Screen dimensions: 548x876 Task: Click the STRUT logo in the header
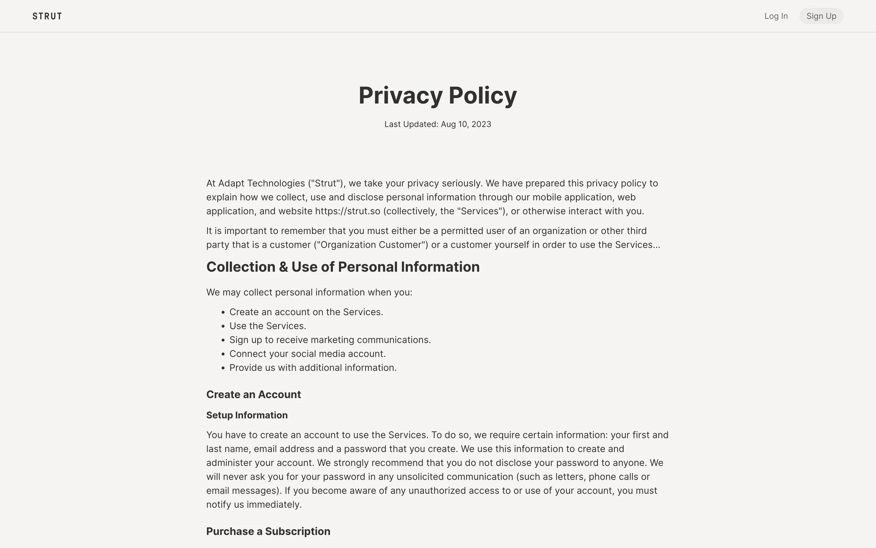point(47,16)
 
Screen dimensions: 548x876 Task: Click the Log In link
point(776,16)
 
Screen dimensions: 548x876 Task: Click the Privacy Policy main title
point(438,95)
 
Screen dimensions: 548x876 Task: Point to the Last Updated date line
point(438,124)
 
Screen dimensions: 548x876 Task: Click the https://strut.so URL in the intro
point(347,211)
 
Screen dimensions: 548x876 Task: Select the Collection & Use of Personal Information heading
point(343,267)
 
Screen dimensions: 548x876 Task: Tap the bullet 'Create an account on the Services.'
point(306,312)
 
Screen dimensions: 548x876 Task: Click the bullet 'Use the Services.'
point(267,326)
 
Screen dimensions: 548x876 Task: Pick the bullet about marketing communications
point(330,340)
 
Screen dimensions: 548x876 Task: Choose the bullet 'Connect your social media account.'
point(307,354)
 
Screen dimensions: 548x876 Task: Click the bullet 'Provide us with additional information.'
point(313,368)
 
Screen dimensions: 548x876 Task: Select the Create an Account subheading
point(253,395)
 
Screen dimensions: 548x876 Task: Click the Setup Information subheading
point(247,415)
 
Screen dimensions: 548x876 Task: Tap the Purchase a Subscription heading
point(268,532)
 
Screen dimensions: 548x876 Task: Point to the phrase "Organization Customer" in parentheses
point(371,245)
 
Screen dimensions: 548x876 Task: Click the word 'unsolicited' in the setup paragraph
point(420,477)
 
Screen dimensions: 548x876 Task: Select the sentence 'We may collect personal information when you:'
point(309,292)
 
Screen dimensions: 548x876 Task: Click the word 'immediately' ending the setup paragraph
point(274,505)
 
